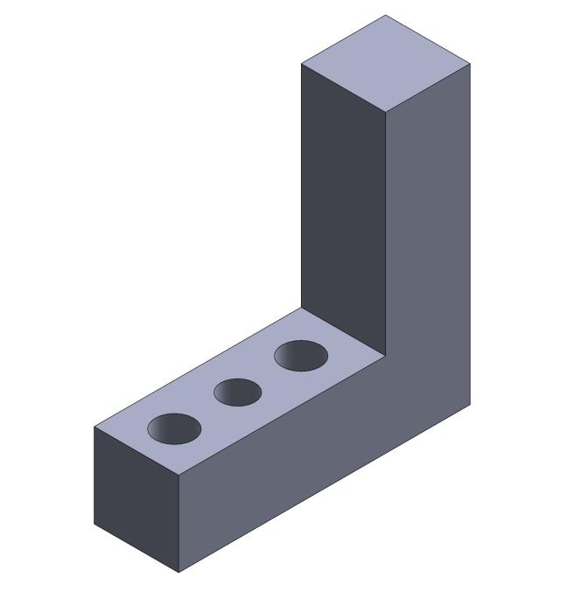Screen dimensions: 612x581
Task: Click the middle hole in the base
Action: click(x=238, y=393)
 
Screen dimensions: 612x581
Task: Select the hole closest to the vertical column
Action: click(x=301, y=356)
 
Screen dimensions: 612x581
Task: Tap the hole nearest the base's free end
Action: click(x=174, y=428)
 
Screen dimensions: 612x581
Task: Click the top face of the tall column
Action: click(x=386, y=64)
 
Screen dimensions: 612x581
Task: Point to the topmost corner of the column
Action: click(x=386, y=15)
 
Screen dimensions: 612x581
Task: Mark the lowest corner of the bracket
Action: click(x=179, y=573)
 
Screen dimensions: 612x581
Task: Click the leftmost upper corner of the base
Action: click(x=94, y=427)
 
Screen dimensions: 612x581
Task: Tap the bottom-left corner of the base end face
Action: click(x=94, y=524)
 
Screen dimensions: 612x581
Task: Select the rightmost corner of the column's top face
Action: click(x=471, y=64)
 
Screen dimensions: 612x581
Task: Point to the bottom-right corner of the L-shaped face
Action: click(x=471, y=404)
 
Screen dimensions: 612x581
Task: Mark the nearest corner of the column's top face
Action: click(x=386, y=113)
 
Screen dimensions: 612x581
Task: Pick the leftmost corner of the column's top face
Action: click(x=301, y=64)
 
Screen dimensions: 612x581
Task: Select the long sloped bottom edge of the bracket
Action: click(x=325, y=489)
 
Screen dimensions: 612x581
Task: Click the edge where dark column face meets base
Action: click(x=343, y=331)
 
